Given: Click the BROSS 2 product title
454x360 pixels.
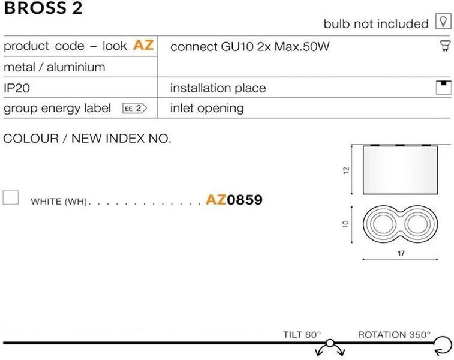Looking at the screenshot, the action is coord(43,8).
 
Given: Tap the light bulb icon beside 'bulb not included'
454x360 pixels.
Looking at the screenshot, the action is coord(443,21).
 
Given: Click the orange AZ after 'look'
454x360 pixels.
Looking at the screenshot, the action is coord(143,45).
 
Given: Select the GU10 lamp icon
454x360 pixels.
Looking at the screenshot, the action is coord(445,46).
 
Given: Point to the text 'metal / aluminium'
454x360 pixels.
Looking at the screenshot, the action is coord(55,67).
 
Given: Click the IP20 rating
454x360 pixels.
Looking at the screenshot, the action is coord(17,88).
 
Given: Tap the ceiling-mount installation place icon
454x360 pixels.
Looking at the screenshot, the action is coord(443,88).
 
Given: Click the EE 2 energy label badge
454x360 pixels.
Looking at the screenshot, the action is coord(134,109).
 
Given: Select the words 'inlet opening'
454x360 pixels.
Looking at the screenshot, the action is coord(207,109).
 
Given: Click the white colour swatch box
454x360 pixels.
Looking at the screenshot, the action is coord(11,197).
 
